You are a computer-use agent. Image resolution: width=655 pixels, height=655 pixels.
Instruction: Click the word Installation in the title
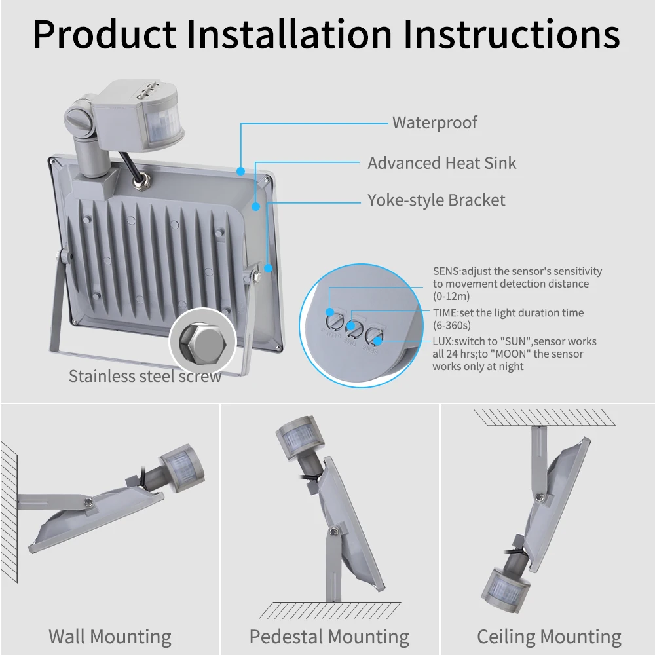click(289, 34)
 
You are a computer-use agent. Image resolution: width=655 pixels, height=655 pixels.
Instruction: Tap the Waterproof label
click(434, 122)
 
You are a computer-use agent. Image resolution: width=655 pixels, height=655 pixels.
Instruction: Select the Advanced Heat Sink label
click(441, 163)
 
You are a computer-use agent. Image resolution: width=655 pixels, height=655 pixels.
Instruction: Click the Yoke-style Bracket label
click(436, 200)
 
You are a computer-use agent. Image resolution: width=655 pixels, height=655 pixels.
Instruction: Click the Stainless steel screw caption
click(145, 376)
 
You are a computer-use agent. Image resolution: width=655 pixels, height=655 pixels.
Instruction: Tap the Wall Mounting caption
click(109, 637)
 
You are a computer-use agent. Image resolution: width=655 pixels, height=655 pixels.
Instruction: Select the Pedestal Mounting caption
click(329, 637)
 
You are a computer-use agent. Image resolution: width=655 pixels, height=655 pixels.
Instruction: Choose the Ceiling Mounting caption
click(549, 637)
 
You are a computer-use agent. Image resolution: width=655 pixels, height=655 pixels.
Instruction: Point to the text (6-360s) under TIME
click(451, 325)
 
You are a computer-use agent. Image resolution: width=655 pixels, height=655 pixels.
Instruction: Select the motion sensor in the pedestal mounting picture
click(298, 436)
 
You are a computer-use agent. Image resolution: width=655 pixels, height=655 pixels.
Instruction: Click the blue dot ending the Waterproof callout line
click(241, 172)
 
